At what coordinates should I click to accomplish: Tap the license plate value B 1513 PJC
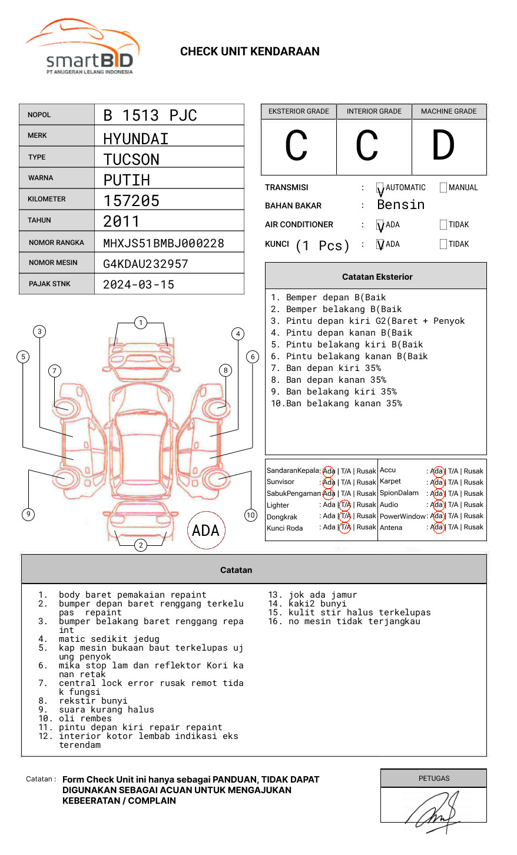pyautogui.click(x=150, y=115)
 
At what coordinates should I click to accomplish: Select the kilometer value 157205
pyautogui.click(x=131, y=201)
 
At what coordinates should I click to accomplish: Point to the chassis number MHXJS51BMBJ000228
pyautogui.click(x=163, y=243)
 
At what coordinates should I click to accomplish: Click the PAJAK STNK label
pyautogui.click(x=49, y=284)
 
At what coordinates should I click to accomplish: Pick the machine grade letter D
pyautogui.click(x=443, y=146)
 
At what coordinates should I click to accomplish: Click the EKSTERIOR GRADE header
pyautogui.click(x=299, y=111)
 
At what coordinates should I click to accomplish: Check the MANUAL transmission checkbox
pyautogui.click(x=443, y=188)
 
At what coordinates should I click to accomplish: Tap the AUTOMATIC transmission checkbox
pyautogui.click(x=380, y=188)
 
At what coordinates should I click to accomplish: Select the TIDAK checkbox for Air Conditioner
pyautogui.click(x=443, y=225)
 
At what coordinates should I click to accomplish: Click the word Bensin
pyautogui.click(x=400, y=205)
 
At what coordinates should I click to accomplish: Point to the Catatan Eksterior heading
pyautogui.click(x=377, y=277)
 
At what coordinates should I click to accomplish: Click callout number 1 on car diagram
pyautogui.click(x=140, y=323)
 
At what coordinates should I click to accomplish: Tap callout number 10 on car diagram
pyautogui.click(x=251, y=515)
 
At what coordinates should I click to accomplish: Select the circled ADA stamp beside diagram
pyautogui.click(x=206, y=531)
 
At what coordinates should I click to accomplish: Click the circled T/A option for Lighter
pyautogui.click(x=345, y=505)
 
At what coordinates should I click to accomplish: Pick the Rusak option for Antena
pyautogui.click(x=473, y=527)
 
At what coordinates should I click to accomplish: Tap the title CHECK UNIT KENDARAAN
pyautogui.click(x=250, y=52)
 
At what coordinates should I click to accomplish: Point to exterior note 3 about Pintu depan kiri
pyautogui.click(x=375, y=321)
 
